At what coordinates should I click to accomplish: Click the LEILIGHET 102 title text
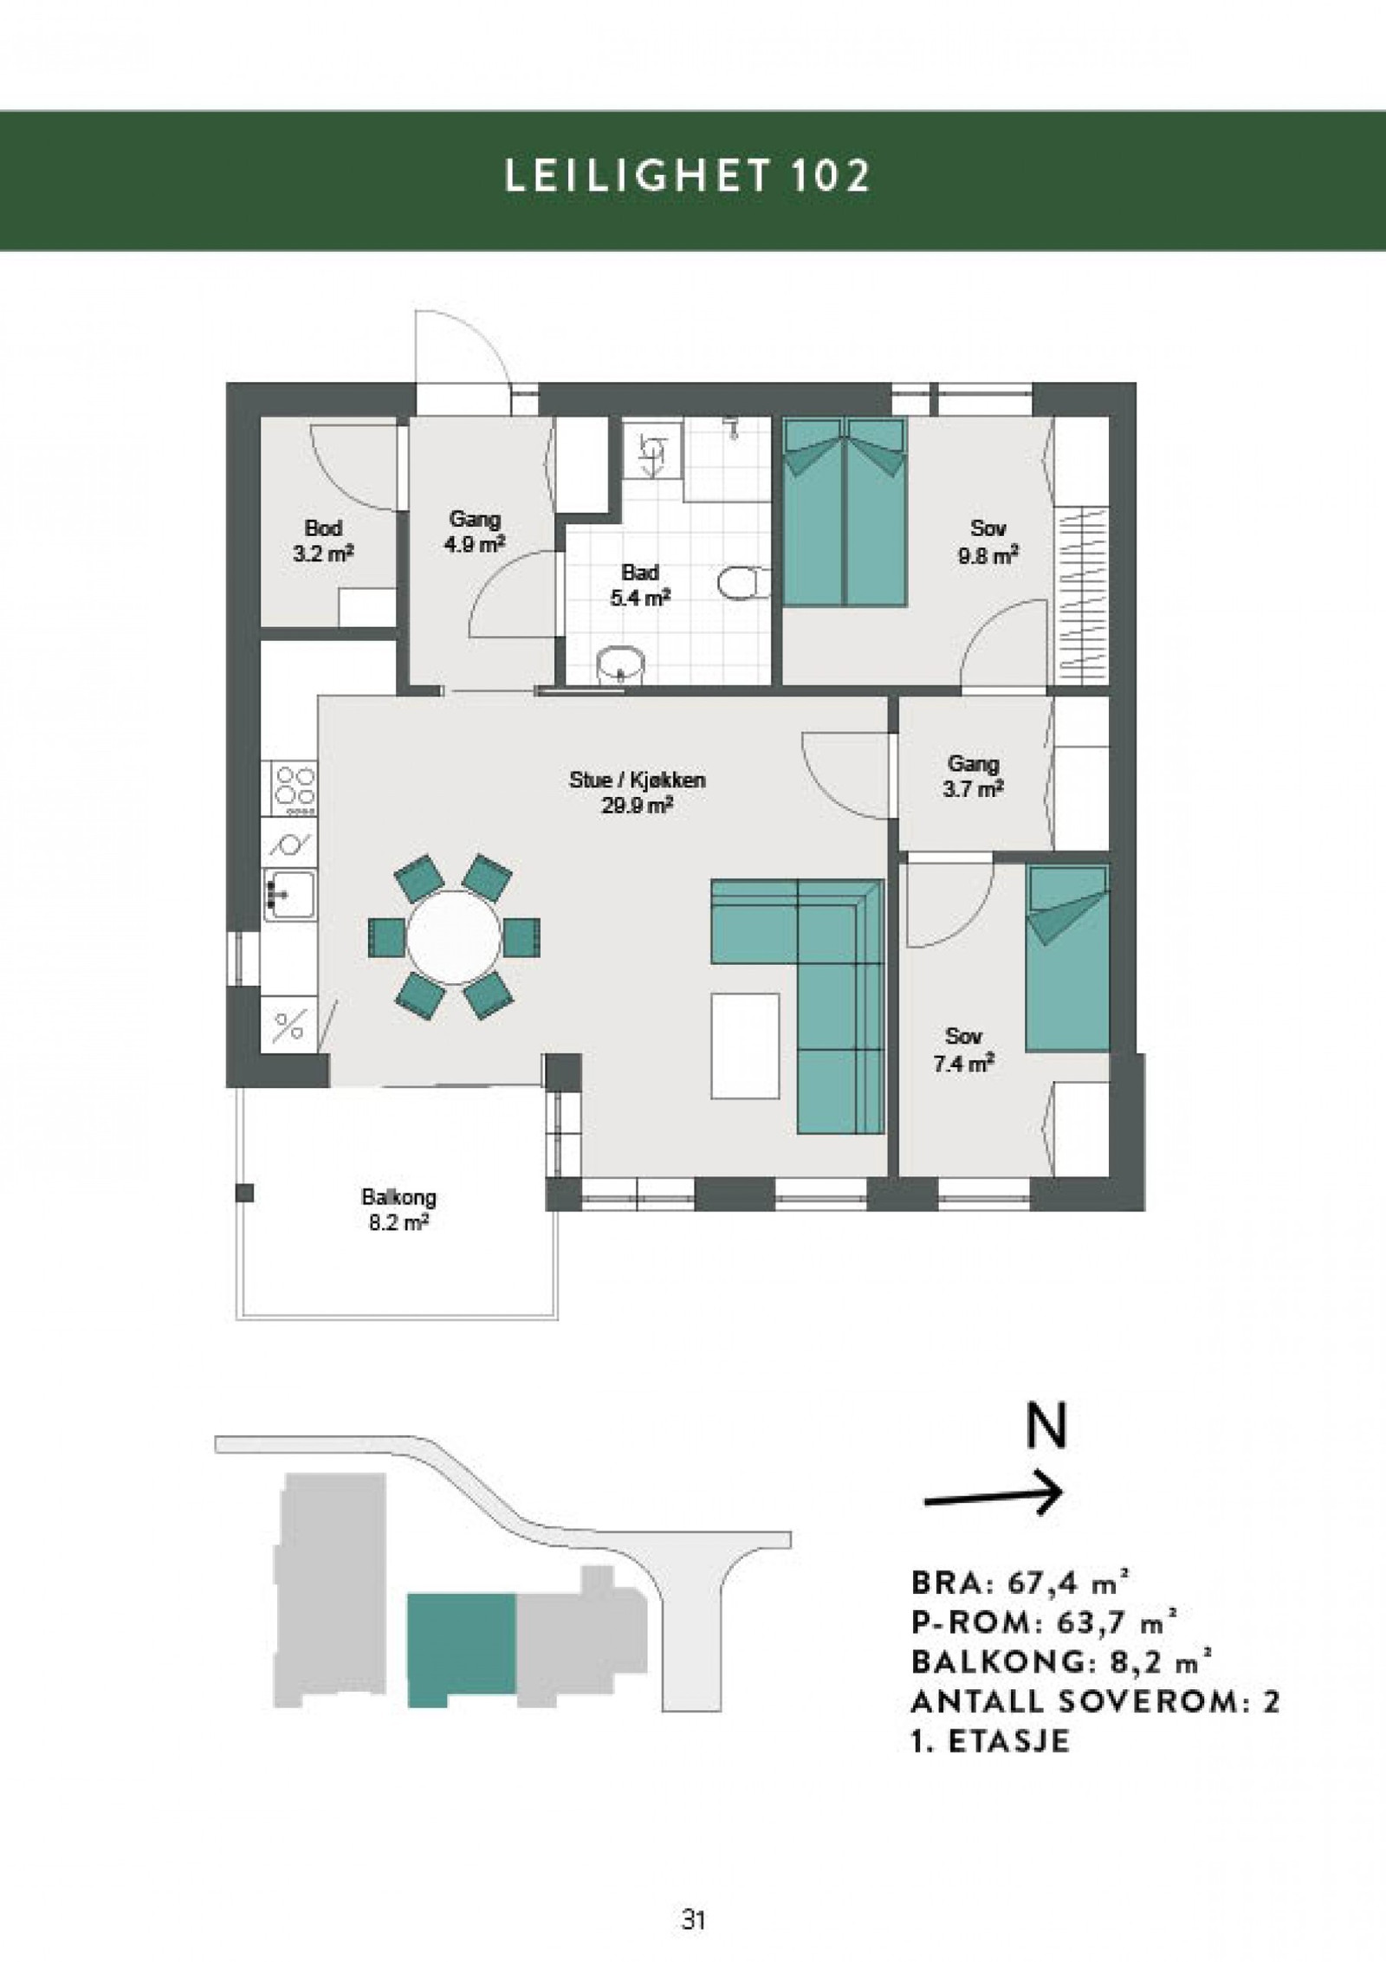687,177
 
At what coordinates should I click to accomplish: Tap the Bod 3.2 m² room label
323,540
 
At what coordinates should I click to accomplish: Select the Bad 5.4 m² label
640,585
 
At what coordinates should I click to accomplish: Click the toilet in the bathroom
744,582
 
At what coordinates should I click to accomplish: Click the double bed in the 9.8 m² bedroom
845,511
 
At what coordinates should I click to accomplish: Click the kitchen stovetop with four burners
295,788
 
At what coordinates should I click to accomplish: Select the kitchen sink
290,896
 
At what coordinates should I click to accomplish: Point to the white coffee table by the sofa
745,1046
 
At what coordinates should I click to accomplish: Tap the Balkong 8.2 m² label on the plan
398,1210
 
